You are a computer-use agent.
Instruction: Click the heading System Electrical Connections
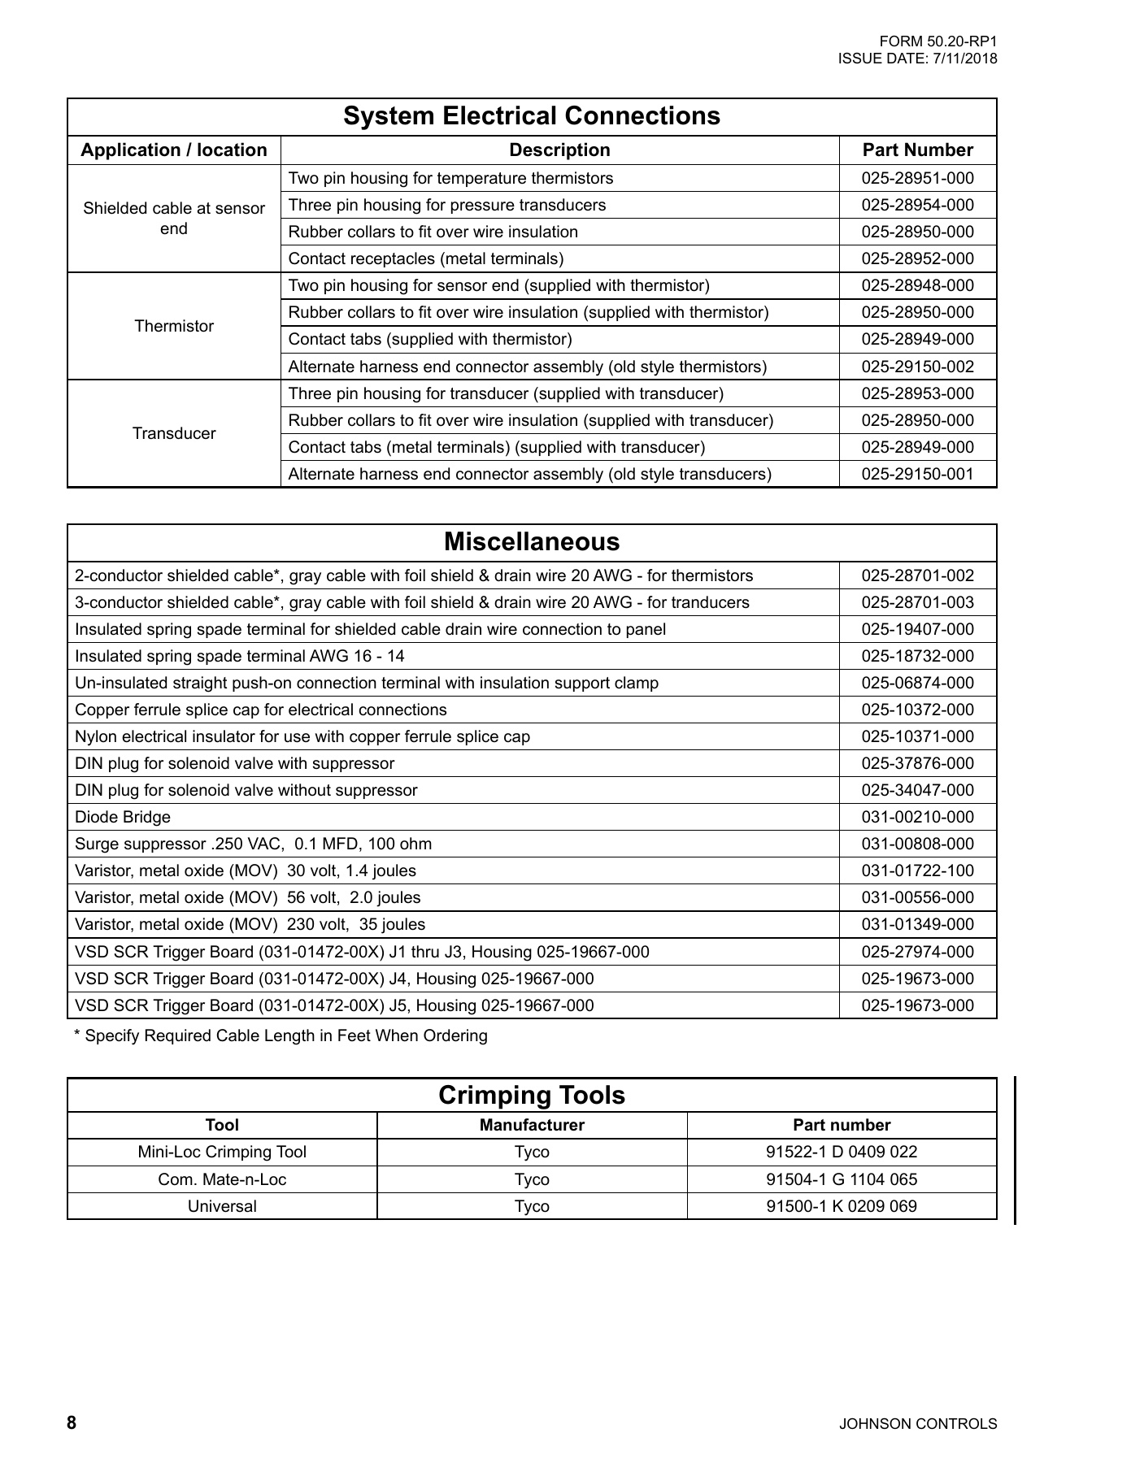click(x=531, y=116)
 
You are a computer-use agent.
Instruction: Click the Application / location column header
click(x=173, y=150)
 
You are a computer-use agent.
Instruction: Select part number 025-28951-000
click(x=917, y=178)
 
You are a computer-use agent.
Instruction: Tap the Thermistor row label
click(x=173, y=326)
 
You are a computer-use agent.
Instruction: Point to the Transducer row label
click(x=173, y=433)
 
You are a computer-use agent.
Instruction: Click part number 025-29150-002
click(x=917, y=367)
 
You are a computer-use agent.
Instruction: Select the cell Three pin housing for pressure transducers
click(x=446, y=205)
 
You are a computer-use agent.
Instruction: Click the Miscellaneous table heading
click(x=531, y=542)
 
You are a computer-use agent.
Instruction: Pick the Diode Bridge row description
click(x=123, y=817)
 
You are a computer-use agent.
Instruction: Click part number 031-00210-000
click(x=917, y=817)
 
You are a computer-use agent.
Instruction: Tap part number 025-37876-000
click(x=917, y=763)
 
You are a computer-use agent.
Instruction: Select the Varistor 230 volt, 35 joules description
click(x=250, y=924)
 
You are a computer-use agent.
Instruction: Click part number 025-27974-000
click(x=917, y=952)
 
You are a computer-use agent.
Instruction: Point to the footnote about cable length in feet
click(x=281, y=1036)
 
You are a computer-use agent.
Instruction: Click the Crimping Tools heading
click(x=531, y=1095)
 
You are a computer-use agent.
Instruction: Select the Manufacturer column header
click(x=531, y=1126)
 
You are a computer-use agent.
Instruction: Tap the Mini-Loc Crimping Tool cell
click(x=222, y=1152)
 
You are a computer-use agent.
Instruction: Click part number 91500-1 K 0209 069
click(x=842, y=1206)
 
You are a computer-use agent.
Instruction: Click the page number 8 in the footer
click(x=72, y=1423)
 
